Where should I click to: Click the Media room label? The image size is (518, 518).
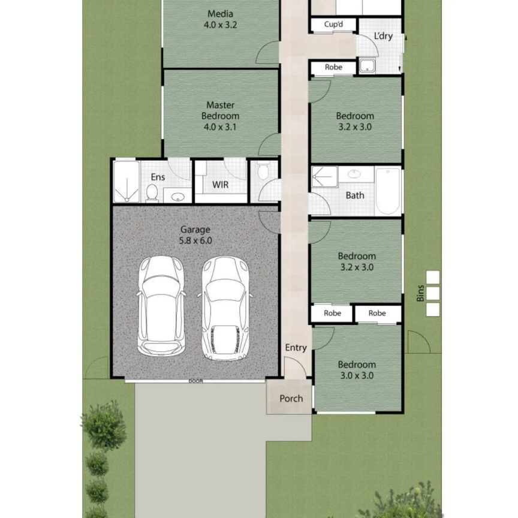tap(220, 20)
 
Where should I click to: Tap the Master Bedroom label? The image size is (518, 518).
tap(220, 116)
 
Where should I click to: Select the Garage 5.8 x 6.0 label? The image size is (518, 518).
tap(196, 234)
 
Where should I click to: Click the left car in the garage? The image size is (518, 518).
tap(160, 305)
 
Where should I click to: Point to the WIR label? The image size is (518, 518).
tap(220, 185)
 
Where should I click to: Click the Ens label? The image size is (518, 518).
tap(158, 177)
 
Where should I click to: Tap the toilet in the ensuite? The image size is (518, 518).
tap(152, 192)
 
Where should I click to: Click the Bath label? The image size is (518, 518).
tap(355, 195)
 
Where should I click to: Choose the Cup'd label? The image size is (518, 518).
tap(333, 25)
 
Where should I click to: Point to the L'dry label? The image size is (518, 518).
tap(383, 36)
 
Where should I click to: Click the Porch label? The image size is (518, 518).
tap(291, 398)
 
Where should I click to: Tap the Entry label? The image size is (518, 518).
tap(296, 348)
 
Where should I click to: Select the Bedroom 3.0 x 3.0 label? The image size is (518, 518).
tap(357, 370)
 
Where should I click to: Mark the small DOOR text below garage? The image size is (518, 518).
tap(195, 381)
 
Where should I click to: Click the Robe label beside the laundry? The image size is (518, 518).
tap(333, 67)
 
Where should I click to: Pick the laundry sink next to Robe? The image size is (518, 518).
tap(367, 66)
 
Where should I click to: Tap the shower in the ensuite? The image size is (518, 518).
tap(127, 181)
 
